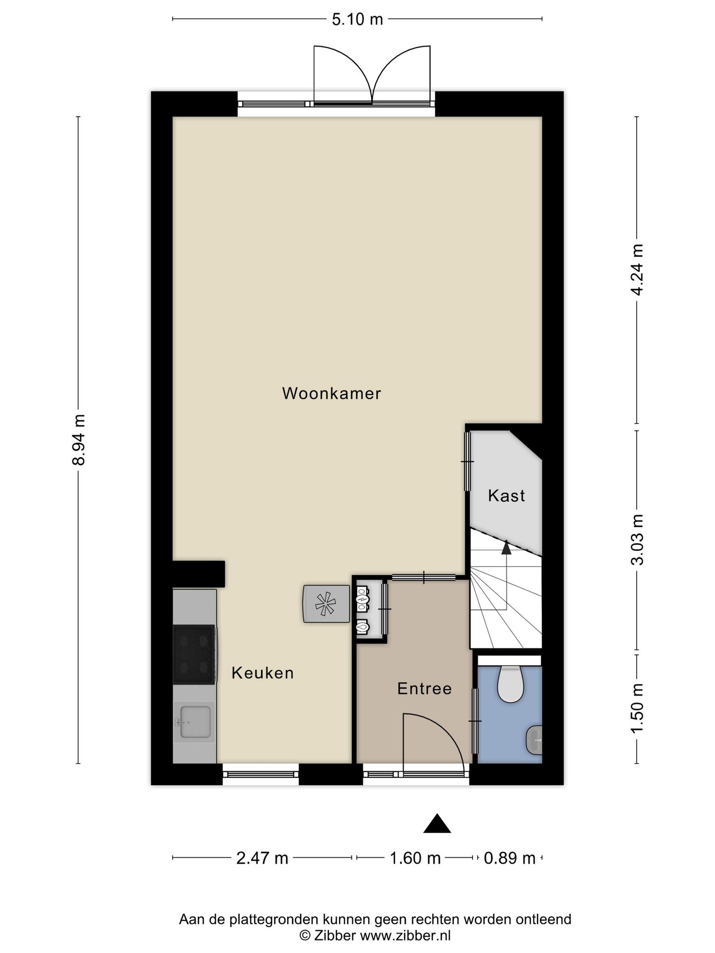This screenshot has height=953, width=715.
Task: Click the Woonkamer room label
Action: click(331, 394)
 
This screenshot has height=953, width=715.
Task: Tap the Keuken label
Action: click(263, 673)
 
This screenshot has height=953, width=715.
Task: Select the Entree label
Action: click(425, 689)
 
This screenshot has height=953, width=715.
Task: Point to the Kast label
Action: click(506, 496)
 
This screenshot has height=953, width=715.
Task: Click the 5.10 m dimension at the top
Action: click(357, 20)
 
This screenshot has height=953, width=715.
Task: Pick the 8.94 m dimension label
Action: click(79, 439)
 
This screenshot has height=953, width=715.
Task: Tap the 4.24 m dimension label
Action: click(637, 269)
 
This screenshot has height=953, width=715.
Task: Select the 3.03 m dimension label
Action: click(637, 539)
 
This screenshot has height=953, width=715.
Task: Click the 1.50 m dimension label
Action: click(637, 708)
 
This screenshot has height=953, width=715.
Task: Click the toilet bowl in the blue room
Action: click(511, 685)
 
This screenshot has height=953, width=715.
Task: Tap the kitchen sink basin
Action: click(195, 722)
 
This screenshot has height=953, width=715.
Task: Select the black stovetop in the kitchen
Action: click(194, 655)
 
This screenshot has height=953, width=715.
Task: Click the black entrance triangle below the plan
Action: click(437, 824)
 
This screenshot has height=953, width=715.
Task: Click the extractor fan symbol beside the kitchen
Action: click(326, 604)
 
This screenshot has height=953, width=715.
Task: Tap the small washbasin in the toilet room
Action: click(534, 740)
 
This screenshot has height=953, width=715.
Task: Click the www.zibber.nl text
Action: click(405, 935)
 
